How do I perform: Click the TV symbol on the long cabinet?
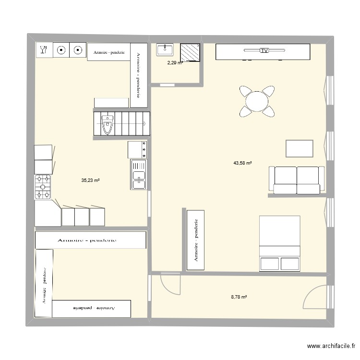tap(264, 50)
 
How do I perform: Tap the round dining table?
tap(257, 101)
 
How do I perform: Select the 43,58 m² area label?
tap(242, 163)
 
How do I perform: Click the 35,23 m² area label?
tap(90, 180)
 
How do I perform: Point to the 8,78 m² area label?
tap(239, 297)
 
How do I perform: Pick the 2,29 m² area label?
tap(175, 62)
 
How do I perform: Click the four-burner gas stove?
tap(42, 187)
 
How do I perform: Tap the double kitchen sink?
tap(138, 174)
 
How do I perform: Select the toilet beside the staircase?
tap(107, 126)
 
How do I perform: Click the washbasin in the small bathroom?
tap(165, 48)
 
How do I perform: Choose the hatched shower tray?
tap(190, 52)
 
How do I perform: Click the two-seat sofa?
tap(296, 180)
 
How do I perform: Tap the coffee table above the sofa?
tap(300, 148)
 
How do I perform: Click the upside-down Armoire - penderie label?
tap(91, 307)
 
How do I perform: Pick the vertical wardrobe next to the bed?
tap(196, 240)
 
